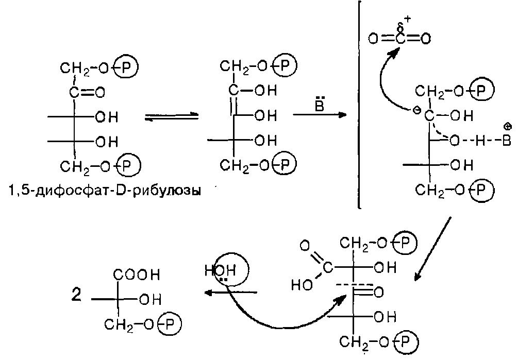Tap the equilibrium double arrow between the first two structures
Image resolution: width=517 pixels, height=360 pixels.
[171, 117]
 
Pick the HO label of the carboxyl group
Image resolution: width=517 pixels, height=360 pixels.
[301, 284]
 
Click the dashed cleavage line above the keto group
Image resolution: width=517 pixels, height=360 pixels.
[354, 285]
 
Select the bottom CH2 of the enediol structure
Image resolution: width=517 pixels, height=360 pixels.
[234, 164]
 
